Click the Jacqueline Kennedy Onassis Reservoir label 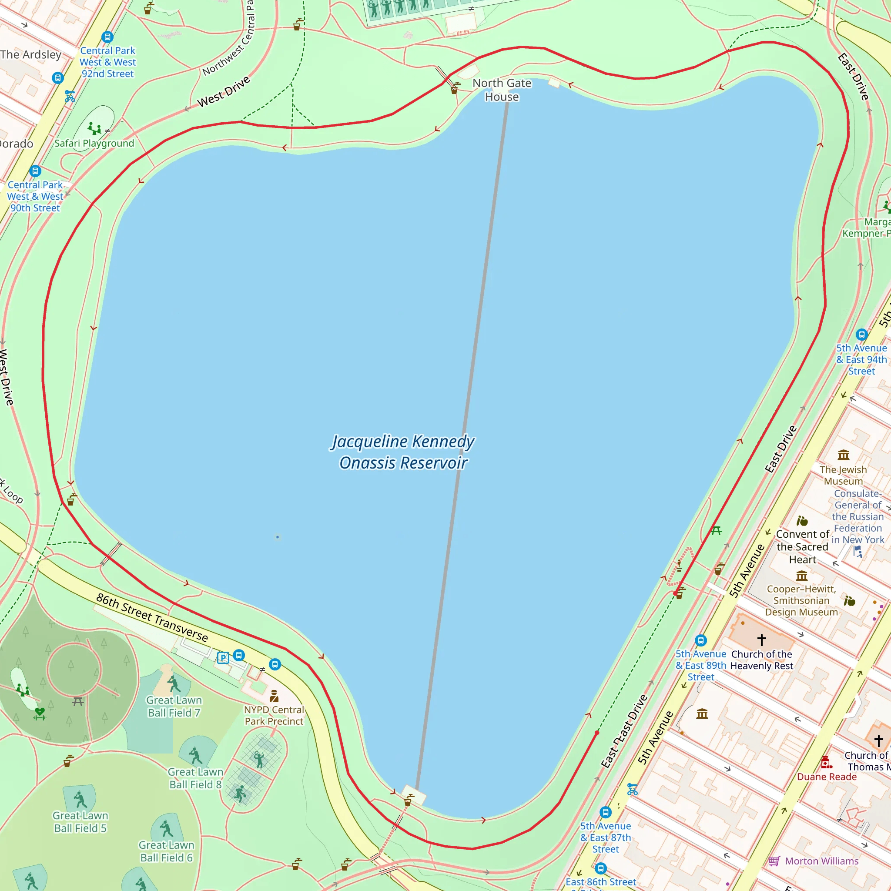click(x=403, y=452)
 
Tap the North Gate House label click(x=502, y=90)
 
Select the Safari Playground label click(x=94, y=144)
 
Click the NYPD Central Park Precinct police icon click(x=275, y=696)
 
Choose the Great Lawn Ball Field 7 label click(x=174, y=707)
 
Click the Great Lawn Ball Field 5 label click(x=80, y=822)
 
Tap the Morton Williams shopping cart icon click(x=774, y=861)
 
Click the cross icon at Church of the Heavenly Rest click(x=761, y=640)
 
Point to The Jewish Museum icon click(x=844, y=455)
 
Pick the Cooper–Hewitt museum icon click(x=802, y=576)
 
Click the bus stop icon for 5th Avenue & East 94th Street click(x=861, y=335)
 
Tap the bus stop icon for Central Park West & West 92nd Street click(x=107, y=37)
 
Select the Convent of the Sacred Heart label click(x=802, y=546)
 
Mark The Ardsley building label click(x=31, y=54)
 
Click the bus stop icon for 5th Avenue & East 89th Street click(x=701, y=640)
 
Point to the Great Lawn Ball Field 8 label click(x=195, y=778)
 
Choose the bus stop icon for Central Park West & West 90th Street click(x=36, y=171)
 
